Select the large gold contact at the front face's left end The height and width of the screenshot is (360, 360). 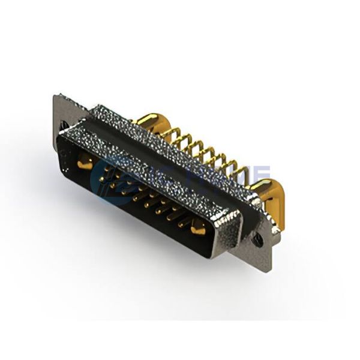pos(85,160)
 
